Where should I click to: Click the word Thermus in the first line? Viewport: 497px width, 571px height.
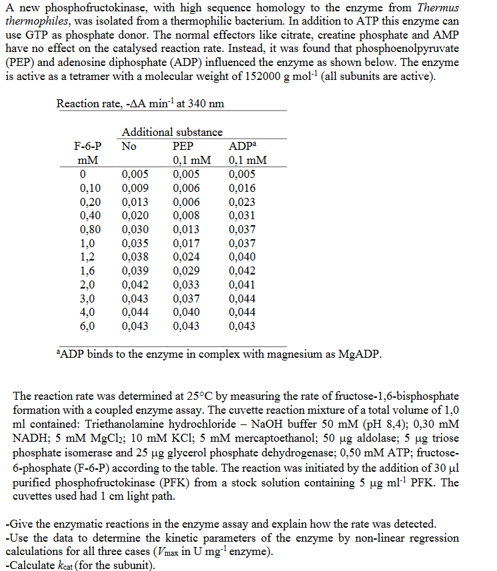(439, 8)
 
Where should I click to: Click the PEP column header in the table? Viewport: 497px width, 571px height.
(183, 147)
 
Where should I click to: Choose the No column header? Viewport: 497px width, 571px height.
(129, 147)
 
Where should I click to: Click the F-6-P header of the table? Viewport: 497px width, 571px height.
(87, 147)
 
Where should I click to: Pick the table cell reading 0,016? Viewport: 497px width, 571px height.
(241, 189)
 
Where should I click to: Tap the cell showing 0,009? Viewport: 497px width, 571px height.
(135, 189)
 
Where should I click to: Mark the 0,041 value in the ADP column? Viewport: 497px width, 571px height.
(241, 285)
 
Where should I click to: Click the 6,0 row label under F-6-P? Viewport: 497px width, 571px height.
(87, 326)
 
